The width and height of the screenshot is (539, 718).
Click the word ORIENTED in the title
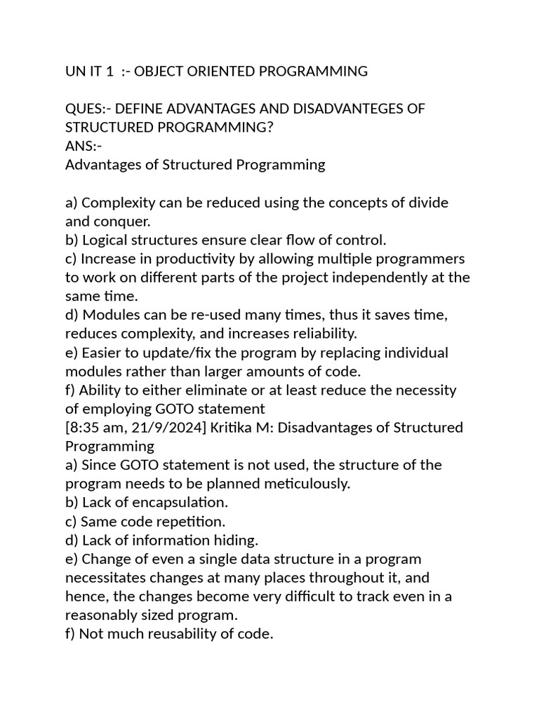[x=222, y=71]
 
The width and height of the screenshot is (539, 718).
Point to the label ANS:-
[x=84, y=146]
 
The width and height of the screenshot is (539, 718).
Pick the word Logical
[x=106, y=240]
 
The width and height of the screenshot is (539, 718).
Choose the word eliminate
[x=206, y=390]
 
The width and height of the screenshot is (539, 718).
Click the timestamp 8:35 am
[x=95, y=428]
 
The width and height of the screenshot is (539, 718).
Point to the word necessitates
[x=106, y=578]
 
